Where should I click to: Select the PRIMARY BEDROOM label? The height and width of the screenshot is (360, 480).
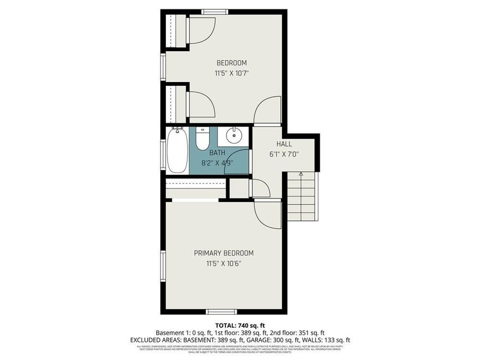coord(223,253)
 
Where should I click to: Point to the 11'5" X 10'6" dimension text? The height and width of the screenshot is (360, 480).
coord(223,263)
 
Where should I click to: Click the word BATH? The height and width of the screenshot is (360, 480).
coord(217,153)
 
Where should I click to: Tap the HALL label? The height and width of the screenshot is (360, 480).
coord(284,144)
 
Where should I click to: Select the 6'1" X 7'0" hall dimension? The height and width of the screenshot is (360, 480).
coord(284,154)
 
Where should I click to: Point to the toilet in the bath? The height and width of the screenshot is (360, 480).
coord(202,139)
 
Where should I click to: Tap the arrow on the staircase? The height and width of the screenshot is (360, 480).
coord(301,174)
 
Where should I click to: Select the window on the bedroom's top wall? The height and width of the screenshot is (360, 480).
coord(214,11)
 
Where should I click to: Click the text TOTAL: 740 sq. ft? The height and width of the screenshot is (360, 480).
coord(239,325)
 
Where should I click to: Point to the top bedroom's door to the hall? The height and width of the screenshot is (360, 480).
coord(267,113)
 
